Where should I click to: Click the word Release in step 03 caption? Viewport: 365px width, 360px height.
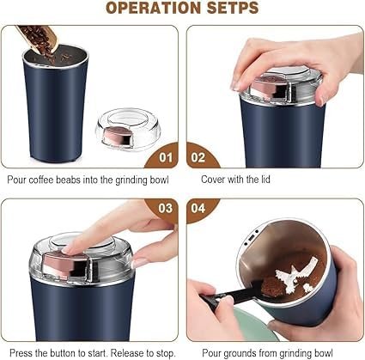(126, 352)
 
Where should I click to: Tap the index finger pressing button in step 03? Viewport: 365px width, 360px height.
(94, 244)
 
